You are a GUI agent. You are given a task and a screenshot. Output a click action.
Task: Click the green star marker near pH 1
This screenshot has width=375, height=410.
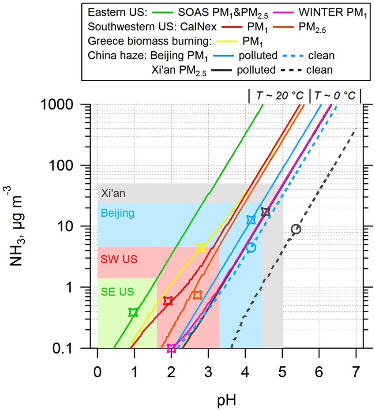coord(133,312)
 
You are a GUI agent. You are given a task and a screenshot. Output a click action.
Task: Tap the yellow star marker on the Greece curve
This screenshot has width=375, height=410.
coord(201,248)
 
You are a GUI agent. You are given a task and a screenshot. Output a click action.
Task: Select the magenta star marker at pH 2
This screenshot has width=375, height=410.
coord(172,348)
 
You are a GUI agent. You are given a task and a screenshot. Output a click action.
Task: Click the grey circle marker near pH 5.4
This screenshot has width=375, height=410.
coord(296,229)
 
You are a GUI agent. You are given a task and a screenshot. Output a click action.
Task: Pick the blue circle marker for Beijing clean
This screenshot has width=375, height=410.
coord(251,248)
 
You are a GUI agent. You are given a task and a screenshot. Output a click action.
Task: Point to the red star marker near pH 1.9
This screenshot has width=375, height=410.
coord(168,301)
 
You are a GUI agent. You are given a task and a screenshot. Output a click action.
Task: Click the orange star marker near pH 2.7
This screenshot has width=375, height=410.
coord(197,295)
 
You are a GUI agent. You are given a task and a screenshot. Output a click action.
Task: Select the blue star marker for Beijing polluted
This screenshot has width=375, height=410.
coord(251,220)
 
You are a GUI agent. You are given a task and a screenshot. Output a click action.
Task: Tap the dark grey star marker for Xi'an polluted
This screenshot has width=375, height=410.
coord(265,212)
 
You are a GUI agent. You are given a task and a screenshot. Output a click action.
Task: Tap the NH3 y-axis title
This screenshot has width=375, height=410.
coord(17,226)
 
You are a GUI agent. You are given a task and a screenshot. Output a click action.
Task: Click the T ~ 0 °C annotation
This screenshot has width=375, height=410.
coord(335,95)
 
